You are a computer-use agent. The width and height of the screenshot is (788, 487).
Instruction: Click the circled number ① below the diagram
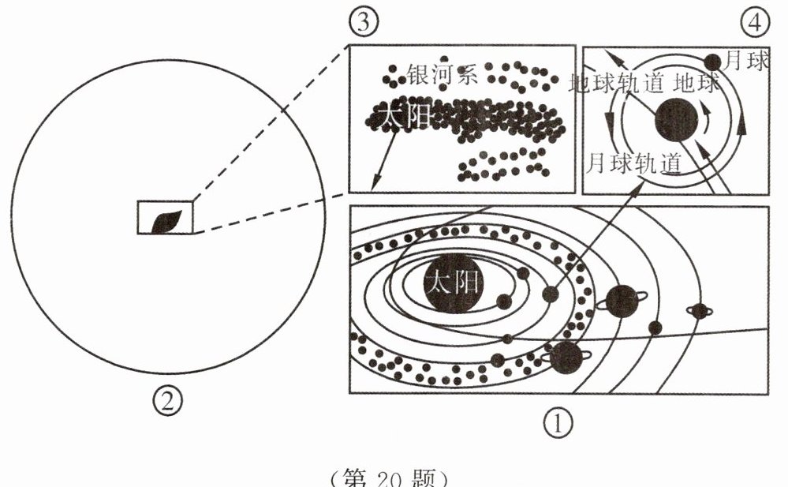pos(557,425)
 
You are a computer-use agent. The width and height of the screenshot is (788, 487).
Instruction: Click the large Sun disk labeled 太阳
pos(453,282)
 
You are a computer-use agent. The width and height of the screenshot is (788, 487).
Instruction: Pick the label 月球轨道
pos(634,163)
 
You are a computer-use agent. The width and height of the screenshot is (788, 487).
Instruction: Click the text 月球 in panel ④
pos(745,62)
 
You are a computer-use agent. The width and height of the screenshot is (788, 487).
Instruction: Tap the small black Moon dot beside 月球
pos(712,61)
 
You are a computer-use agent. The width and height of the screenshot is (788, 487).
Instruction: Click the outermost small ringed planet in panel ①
pos(699,311)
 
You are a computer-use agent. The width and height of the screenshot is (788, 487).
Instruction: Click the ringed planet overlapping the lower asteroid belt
pos(566,358)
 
